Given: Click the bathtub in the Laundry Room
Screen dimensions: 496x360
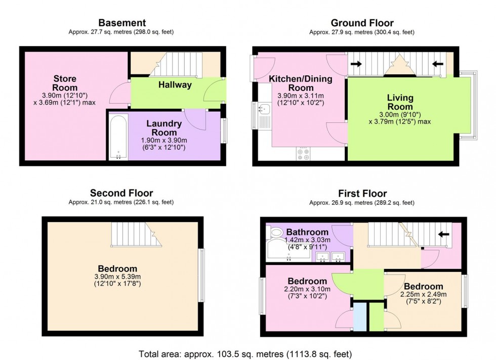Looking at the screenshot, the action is [118, 137].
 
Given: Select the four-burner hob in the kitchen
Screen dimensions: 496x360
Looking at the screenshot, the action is [303, 154].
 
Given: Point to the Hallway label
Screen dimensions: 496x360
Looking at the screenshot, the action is [175, 85].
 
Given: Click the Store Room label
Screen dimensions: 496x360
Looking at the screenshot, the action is [65, 83].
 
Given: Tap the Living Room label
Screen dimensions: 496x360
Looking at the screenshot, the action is [400, 102].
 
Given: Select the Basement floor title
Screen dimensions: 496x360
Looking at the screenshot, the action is [122, 23].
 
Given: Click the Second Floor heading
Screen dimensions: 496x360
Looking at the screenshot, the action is [121, 193].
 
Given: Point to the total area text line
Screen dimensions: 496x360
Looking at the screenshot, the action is [245, 354].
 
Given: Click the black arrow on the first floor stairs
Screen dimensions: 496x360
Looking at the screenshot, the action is [443, 235].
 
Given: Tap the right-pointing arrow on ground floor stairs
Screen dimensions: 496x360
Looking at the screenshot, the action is [356, 64].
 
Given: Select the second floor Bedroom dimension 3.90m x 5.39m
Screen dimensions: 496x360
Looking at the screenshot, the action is [117, 277].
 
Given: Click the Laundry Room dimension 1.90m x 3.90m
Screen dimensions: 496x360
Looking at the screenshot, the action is [164, 141].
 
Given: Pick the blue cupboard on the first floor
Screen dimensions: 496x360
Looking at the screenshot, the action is [360, 317].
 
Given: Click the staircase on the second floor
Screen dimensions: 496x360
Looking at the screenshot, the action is [136, 234].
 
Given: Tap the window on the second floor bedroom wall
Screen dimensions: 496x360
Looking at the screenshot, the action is [201, 275].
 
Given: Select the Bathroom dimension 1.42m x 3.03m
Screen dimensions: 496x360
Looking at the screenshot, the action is [308, 240].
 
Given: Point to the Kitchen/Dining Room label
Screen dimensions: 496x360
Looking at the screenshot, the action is [301, 83].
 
